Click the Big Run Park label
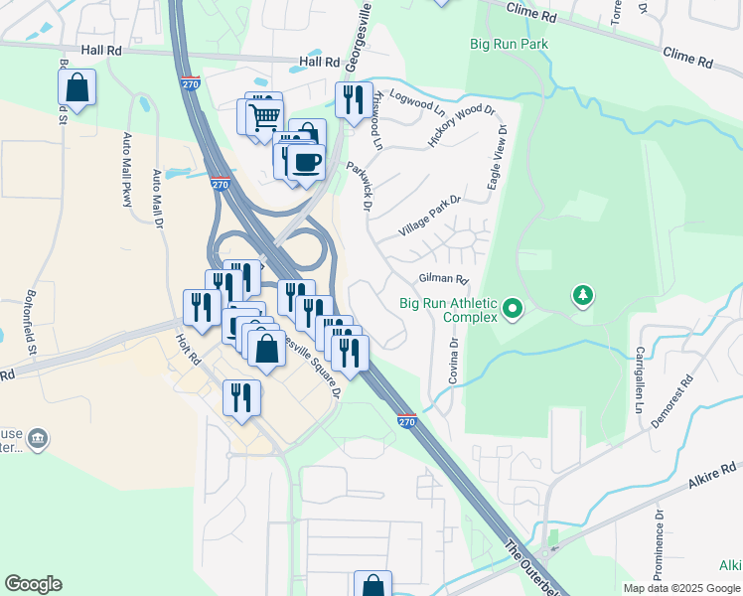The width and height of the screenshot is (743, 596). pos(509,44)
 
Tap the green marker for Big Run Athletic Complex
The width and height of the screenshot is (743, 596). pos(513,309)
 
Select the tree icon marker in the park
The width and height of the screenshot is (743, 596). pos(582,295)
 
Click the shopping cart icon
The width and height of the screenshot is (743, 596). pos(264,116)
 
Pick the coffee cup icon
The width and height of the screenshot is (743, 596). pos(306,162)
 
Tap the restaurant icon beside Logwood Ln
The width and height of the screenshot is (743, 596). pos(353,98)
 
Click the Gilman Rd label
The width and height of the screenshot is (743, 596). pos(443,279)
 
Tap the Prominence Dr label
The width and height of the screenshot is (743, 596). pos(660,543)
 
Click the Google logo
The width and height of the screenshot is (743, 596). pos(33,584)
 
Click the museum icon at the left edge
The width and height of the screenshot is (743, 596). pos(38,438)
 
